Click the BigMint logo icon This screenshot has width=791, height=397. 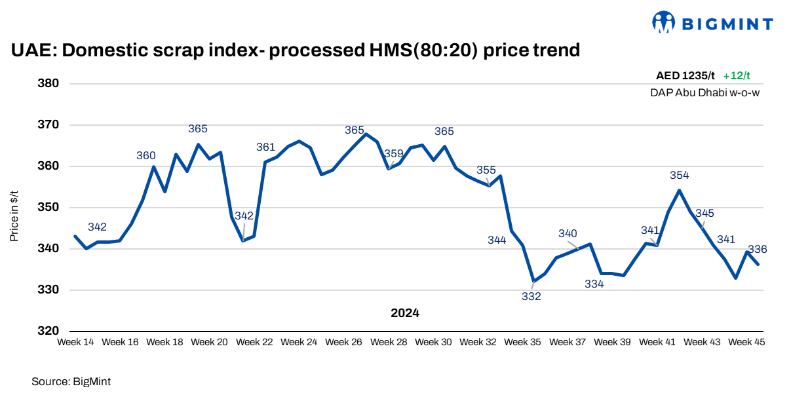click(664, 22)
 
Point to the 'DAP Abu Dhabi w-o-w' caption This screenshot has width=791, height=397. click(704, 93)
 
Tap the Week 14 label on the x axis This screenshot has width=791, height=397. click(75, 342)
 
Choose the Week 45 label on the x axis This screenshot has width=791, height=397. click(746, 342)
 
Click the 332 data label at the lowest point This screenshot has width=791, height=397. click(531, 297)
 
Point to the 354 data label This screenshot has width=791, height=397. click(680, 176)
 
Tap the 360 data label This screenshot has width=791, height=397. click(146, 156)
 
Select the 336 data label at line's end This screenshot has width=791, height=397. click(758, 250)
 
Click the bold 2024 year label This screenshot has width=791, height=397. click(405, 313)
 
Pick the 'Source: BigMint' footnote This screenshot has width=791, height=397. click(67, 381)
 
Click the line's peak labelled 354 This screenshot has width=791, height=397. click(679, 190)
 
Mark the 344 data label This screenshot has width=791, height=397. click(497, 240)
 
